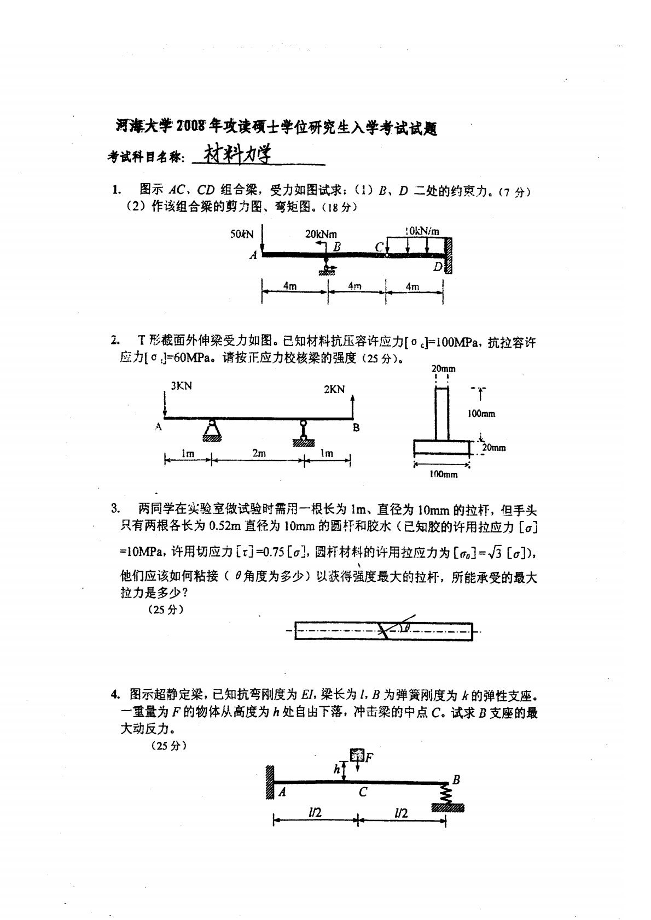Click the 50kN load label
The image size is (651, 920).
coord(242,234)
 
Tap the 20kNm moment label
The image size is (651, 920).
coord(321,234)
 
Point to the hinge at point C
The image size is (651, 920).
coord(387,254)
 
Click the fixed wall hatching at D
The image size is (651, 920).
coord(449,255)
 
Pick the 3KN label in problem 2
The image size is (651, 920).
coord(181,386)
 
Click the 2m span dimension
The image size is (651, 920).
coord(258,453)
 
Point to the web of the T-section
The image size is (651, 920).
coord(442,414)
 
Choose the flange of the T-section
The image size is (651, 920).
coord(441,448)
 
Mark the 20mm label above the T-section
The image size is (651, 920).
coord(443,369)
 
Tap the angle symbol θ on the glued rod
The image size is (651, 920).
coord(406,628)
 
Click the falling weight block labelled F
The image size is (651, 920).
coord(357,756)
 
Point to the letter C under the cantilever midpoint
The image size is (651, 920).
coord(363,792)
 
